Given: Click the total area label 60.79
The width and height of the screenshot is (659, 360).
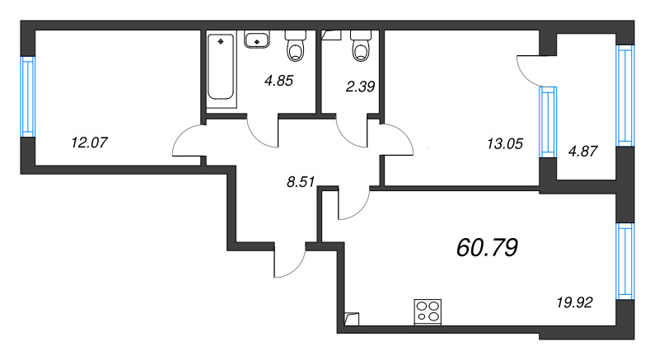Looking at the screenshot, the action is (x=487, y=247).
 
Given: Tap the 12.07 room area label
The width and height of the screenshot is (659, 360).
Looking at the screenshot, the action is (x=90, y=143).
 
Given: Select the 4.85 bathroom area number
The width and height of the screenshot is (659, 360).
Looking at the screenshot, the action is (x=278, y=80).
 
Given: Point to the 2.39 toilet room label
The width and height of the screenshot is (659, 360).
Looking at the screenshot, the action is (x=360, y=86).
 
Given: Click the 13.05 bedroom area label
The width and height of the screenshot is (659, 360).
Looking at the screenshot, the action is (x=505, y=144).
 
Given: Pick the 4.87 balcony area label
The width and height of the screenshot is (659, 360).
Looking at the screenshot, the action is (x=582, y=152).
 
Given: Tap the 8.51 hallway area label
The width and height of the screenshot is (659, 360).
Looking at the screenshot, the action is (x=301, y=182).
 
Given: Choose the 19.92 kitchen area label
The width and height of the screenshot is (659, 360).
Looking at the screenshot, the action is (x=574, y=302).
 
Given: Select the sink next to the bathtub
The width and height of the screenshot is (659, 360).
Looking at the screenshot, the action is (x=256, y=40).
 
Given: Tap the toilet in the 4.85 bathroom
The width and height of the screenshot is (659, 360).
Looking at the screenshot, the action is (x=296, y=46).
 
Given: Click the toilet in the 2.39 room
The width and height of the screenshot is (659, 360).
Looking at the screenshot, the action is (x=361, y=45).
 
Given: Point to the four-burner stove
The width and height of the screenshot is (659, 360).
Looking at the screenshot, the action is (x=428, y=311).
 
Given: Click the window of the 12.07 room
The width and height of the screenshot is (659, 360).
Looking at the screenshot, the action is (x=28, y=96).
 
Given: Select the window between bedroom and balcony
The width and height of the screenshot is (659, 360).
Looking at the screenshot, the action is (x=548, y=122).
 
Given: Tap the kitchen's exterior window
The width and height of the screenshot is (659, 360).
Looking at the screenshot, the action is (x=625, y=261).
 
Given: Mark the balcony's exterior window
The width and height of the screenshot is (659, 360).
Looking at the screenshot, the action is (x=625, y=96).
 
